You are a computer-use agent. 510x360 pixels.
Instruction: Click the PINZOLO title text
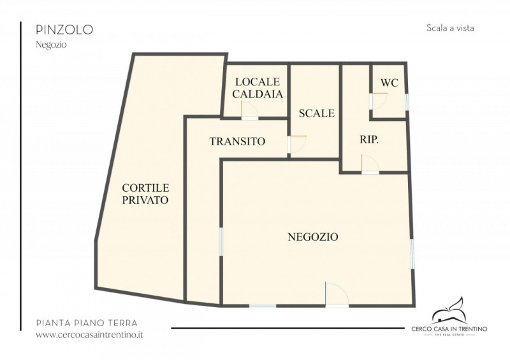point(64,29)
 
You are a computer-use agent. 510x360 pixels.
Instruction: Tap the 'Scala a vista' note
point(450,28)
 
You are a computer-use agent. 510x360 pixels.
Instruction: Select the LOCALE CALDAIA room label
point(258,88)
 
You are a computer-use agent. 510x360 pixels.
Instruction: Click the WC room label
point(390,83)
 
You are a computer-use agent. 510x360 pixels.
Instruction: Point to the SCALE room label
point(317,113)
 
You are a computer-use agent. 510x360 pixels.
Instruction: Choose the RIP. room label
point(369,140)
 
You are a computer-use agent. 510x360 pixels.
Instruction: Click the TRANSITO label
point(237,141)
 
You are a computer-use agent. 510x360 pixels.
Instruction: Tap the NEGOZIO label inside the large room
point(313,237)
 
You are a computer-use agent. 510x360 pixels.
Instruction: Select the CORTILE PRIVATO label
point(145,194)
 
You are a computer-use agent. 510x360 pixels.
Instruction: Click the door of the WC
point(379,101)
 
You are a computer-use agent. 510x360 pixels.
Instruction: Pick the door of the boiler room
point(249,110)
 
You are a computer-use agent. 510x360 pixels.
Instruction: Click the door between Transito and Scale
point(297,144)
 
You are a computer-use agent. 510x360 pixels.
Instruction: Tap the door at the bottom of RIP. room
point(370,164)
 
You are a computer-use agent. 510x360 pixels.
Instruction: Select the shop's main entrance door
point(337,294)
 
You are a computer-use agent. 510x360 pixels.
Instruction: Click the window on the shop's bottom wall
point(263,306)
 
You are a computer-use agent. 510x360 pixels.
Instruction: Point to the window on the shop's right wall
point(412,254)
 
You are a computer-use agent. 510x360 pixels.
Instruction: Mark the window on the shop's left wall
point(221,241)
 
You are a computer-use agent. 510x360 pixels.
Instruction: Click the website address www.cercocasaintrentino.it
point(89,335)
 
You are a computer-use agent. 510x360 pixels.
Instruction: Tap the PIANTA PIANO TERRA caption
point(87,323)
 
